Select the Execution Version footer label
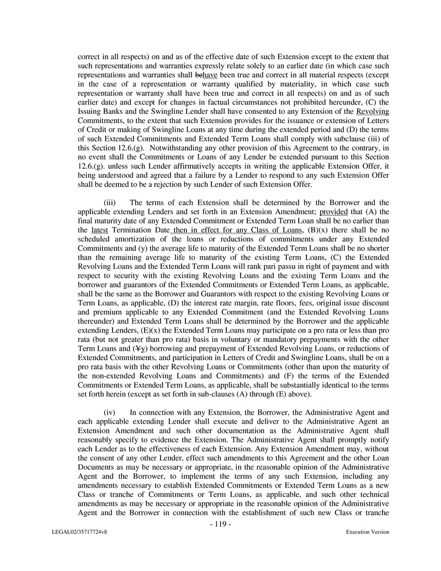368,532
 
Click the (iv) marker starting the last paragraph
110,412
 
